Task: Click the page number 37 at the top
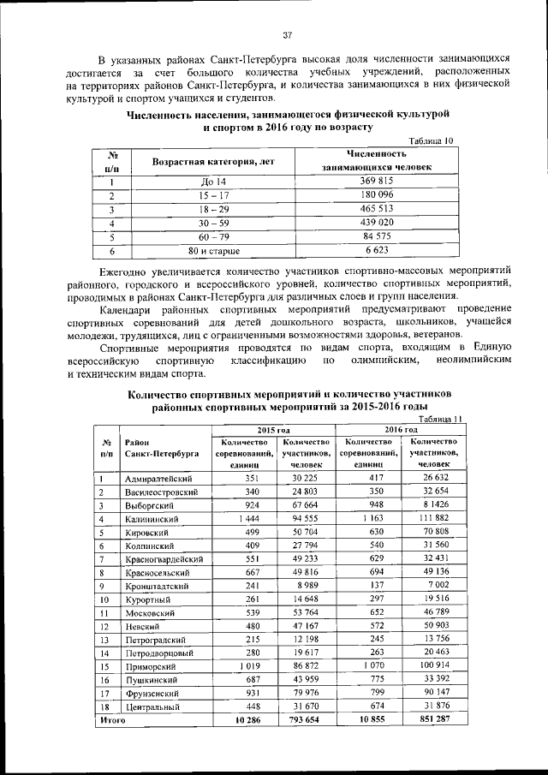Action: (288, 34)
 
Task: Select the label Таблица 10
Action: (438, 140)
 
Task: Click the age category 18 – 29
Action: (214, 208)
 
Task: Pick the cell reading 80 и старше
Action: (214, 250)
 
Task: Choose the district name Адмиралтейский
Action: (158, 478)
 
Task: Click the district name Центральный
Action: (152, 706)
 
